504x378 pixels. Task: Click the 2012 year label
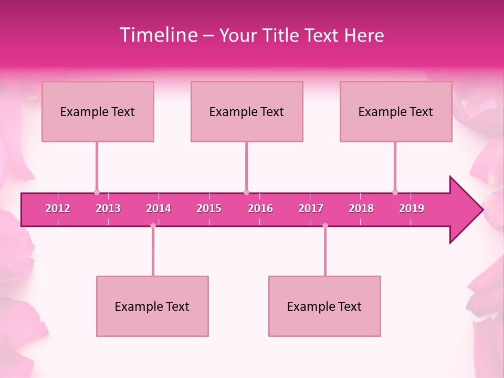pos(58,208)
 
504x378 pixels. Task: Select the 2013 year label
pos(108,208)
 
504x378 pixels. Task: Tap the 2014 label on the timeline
pos(159,208)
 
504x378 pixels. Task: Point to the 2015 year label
pos(209,208)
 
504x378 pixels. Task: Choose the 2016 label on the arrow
pos(260,208)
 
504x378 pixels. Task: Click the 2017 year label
pos(311,208)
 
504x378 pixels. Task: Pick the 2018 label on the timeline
pos(361,208)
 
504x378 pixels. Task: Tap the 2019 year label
pos(412,208)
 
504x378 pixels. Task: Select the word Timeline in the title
pos(158,35)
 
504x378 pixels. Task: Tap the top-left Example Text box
pos(98,111)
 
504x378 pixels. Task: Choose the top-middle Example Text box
pos(247,111)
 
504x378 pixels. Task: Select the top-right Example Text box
pos(396,111)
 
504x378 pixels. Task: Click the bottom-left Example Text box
pos(152,306)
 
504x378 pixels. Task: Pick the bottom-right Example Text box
pos(324,306)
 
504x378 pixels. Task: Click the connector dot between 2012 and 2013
pos(97,193)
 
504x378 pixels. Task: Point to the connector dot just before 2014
pos(153,225)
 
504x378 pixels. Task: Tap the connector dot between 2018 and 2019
pos(395,193)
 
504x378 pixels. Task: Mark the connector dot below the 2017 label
pos(325,225)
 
